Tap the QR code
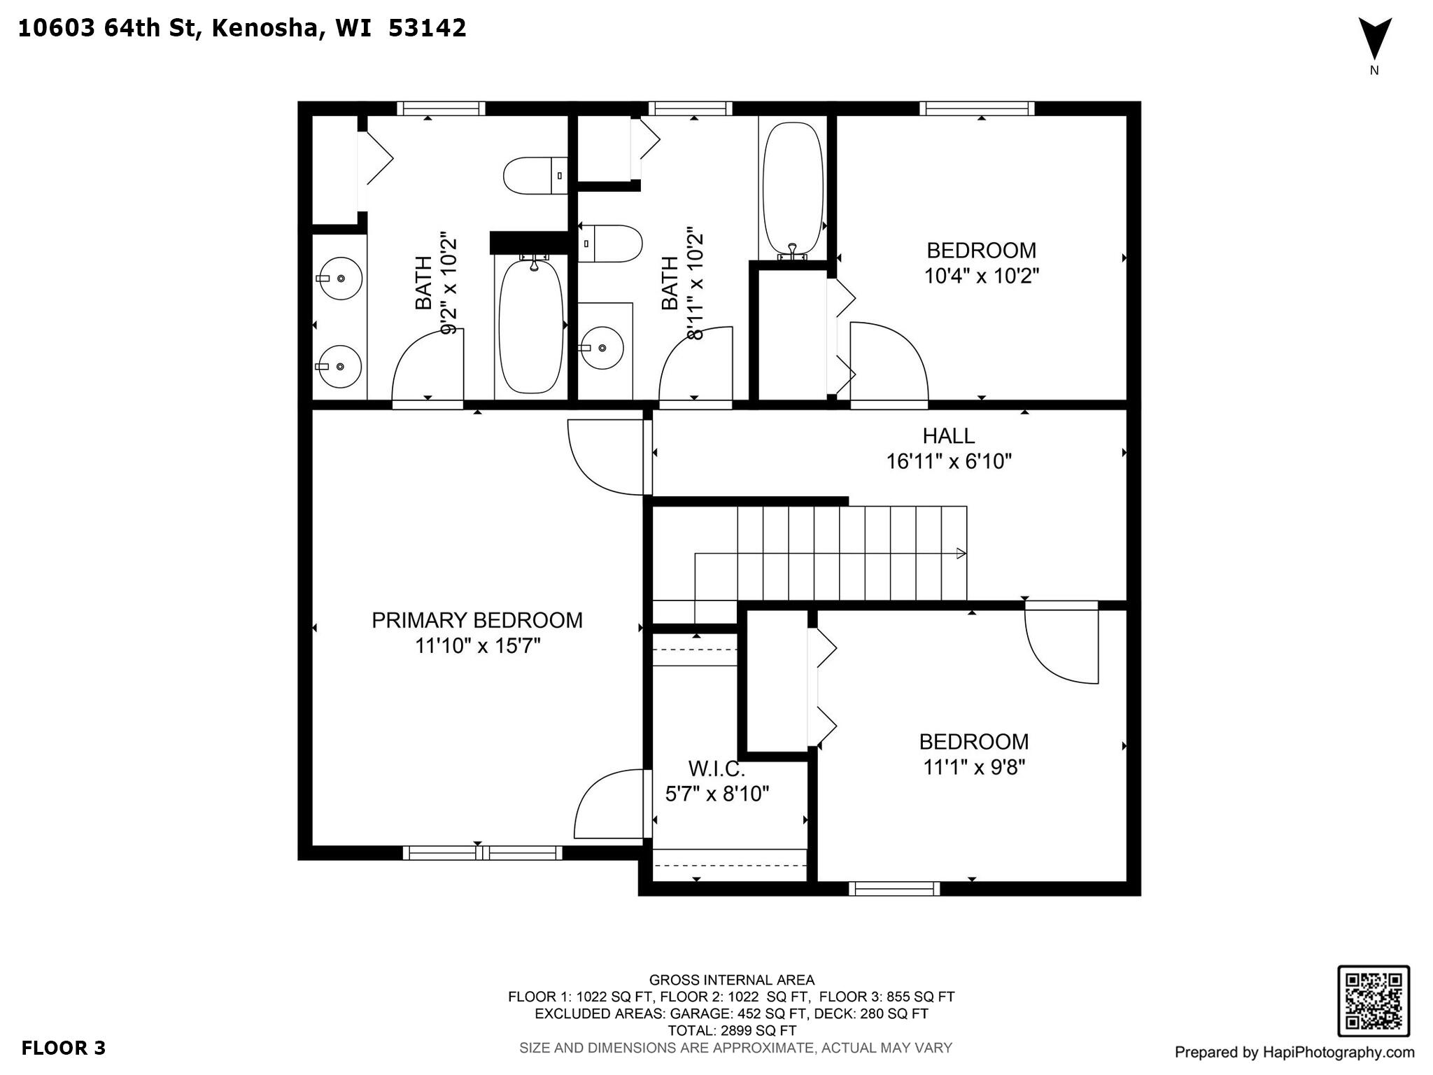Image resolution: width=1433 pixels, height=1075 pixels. click(1374, 1002)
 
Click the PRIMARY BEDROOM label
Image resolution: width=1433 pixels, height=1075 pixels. click(477, 621)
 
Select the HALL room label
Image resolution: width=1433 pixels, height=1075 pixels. click(948, 436)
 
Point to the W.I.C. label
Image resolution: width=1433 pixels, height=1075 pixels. click(716, 769)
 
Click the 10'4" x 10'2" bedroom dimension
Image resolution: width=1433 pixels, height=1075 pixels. click(982, 276)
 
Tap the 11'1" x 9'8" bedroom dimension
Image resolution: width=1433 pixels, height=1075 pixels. click(974, 768)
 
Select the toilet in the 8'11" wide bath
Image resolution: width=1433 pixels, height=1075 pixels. click(609, 244)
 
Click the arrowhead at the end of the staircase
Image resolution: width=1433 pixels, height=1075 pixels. click(961, 553)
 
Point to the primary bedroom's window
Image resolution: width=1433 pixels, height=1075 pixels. click(482, 852)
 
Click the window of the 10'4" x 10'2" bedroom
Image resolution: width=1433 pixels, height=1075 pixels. click(977, 108)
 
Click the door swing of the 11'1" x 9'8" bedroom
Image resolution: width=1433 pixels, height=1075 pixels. click(1061, 647)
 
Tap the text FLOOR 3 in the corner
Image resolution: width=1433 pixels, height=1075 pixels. click(64, 1048)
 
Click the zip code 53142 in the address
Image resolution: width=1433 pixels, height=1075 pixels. click(427, 28)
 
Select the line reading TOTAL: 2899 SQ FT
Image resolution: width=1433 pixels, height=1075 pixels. click(732, 1031)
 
